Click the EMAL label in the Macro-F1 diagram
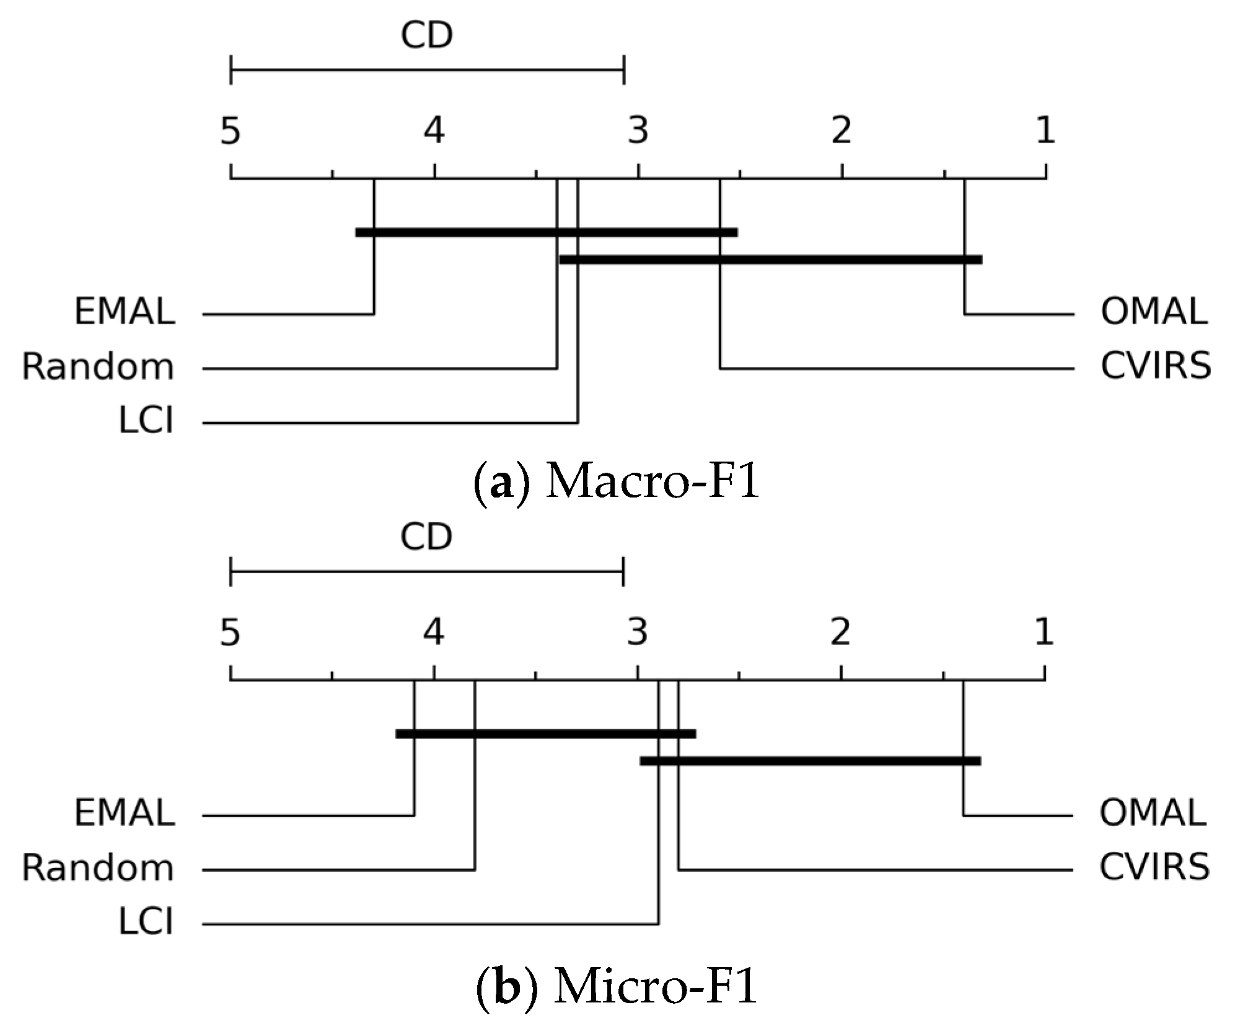click(125, 312)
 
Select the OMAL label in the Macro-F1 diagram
click(1153, 312)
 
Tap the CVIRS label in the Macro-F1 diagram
click(1155, 366)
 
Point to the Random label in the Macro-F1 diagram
click(98, 367)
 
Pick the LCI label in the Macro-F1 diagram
click(146, 421)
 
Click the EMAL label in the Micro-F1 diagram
click(125, 813)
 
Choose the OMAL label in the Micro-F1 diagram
click(1153, 813)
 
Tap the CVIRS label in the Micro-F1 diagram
click(1154, 867)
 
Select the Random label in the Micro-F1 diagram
click(98, 868)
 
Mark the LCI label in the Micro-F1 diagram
click(146, 922)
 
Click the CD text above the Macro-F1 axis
click(427, 36)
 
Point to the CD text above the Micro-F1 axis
click(426, 537)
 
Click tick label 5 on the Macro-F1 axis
click(231, 131)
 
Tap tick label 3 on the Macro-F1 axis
click(638, 131)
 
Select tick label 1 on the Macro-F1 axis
click(1046, 131)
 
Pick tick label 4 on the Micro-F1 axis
click(434, 633)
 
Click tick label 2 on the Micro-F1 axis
click(840, 633)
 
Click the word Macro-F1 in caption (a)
click(653, 483)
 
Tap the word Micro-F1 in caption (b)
click(656, 986)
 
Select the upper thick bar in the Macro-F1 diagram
click(546, 232)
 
